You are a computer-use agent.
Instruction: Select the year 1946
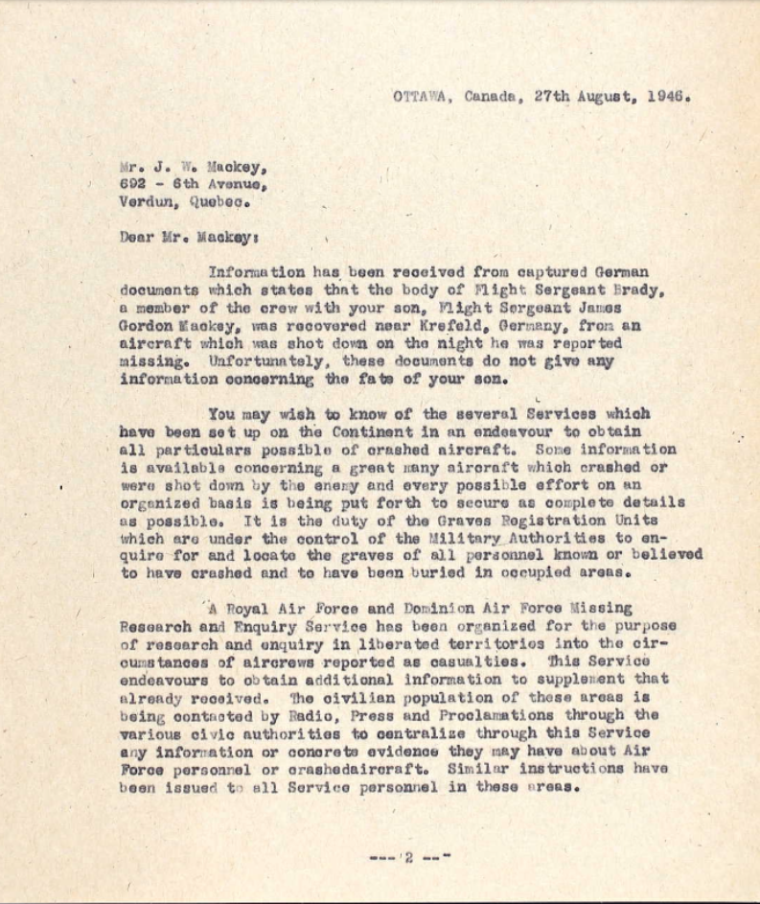coord(668,96)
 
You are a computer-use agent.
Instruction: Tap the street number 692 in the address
coord(133,184)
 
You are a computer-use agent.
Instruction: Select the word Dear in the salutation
coord(137,237)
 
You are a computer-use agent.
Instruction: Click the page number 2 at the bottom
coord(407,857)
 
